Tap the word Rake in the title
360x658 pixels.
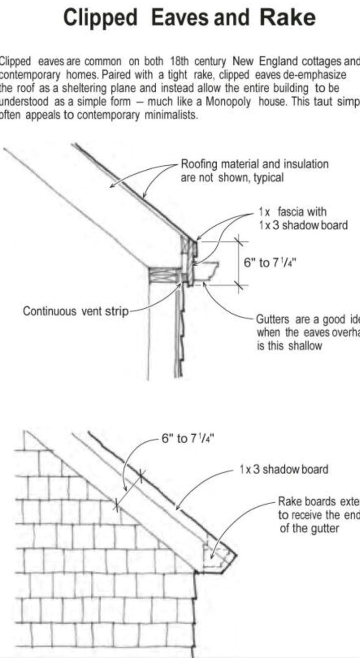click(287, 18)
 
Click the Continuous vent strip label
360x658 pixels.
click(76, 311)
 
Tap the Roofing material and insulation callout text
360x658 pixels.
click(254, 171)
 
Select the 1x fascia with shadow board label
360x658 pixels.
click(302, 219)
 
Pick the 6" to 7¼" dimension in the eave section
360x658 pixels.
click(270, 263)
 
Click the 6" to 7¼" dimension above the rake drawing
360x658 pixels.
click(188, 439)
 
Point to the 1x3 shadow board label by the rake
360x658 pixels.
click(283, 470)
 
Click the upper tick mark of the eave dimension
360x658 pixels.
click(239, 240)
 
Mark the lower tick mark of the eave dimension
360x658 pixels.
click(239, 285)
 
